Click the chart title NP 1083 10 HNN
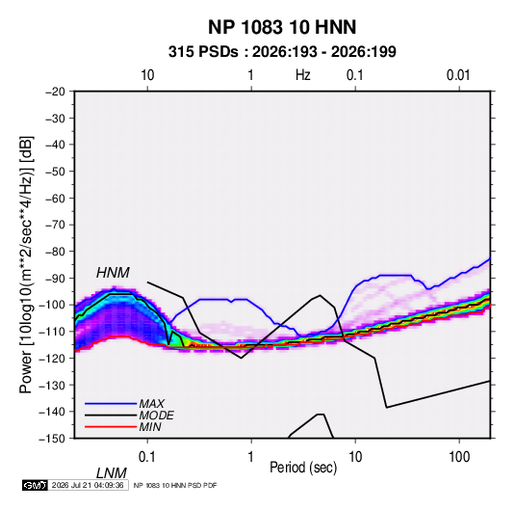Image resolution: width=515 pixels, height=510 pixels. coord(282,27)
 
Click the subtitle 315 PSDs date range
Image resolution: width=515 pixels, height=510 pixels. coord(282,52)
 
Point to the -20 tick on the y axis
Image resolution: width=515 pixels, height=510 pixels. coord(55,92)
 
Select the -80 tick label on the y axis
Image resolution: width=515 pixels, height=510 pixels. coord(55,252)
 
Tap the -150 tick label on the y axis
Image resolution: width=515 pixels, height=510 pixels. coord(53,439)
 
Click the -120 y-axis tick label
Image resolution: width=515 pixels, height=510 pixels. coord(53,358)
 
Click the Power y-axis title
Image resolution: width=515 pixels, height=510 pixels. coord(26,265)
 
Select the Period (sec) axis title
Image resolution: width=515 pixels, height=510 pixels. coord(303,468)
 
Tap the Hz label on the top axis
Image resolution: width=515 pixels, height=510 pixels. coord(303,75)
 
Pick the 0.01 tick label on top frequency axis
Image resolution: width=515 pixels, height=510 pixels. coord(458,75)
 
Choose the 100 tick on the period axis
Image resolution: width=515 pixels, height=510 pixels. coord(459,457)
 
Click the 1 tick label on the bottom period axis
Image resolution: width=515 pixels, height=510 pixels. coord(250,457)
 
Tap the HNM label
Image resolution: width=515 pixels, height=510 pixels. coord(113,273)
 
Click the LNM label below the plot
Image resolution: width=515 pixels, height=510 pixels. coord(112,473)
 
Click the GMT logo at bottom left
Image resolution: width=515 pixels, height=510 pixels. coord(35,485)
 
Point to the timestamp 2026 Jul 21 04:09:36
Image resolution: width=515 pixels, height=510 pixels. coord(88,485)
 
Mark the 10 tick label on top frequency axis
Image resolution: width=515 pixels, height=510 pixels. coord(147,75)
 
